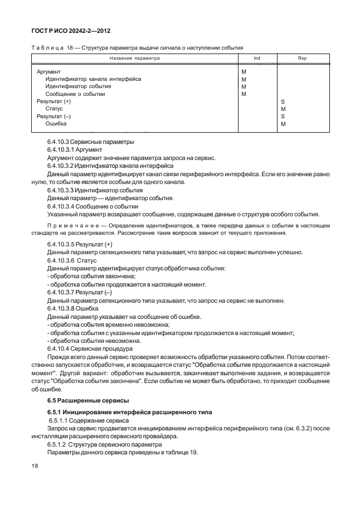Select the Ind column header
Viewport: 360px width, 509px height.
pos(256,57)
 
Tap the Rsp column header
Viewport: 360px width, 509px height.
pos(302,57)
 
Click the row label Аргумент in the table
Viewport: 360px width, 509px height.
pos(48,72)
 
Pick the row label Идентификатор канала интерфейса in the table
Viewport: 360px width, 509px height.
pos(93,79)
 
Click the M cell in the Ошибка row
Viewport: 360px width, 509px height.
pos(283,124)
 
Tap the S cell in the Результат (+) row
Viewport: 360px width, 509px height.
pos(283,102)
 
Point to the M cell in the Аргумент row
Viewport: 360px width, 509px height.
pos(244,72)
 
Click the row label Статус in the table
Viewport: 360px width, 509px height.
pos(54,109)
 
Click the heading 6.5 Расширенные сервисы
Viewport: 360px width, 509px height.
pos(80,400)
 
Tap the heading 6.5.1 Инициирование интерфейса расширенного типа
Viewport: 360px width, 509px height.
pos(123,411)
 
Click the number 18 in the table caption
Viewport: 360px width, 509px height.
pos(70,47)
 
